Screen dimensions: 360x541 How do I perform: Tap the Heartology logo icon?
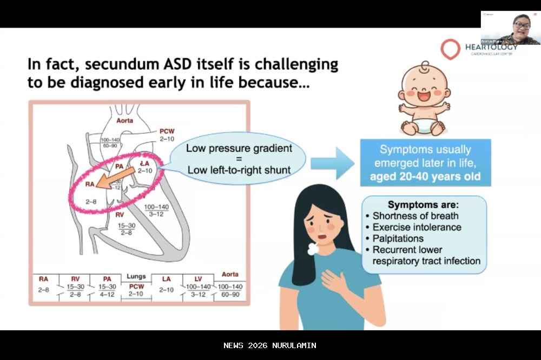[x=450, y=49]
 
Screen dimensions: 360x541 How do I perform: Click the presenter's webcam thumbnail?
[x=510, y=28]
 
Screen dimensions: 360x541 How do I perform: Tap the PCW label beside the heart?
[x=167, y=131]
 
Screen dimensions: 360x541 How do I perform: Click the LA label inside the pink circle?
[x=144, y=163]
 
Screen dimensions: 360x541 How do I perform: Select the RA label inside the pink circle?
[x=90, y=184]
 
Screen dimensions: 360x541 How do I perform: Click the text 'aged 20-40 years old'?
[x=425, y=176]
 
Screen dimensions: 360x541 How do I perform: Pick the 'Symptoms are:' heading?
[x=423, y=205]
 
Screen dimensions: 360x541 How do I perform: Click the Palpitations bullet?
[x=398, y=238]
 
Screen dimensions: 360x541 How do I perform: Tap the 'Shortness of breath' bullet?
[x=415, y=216]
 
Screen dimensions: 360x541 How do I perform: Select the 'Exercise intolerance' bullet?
[x=417, y=227]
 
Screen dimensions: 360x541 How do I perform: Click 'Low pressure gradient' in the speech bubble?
[x=239, y=148]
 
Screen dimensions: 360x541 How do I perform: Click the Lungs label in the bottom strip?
[x=136, y=276]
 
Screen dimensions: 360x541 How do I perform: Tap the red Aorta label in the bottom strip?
[x=230, y=275]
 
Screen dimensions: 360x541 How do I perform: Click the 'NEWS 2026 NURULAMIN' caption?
[x=270, y=345]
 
